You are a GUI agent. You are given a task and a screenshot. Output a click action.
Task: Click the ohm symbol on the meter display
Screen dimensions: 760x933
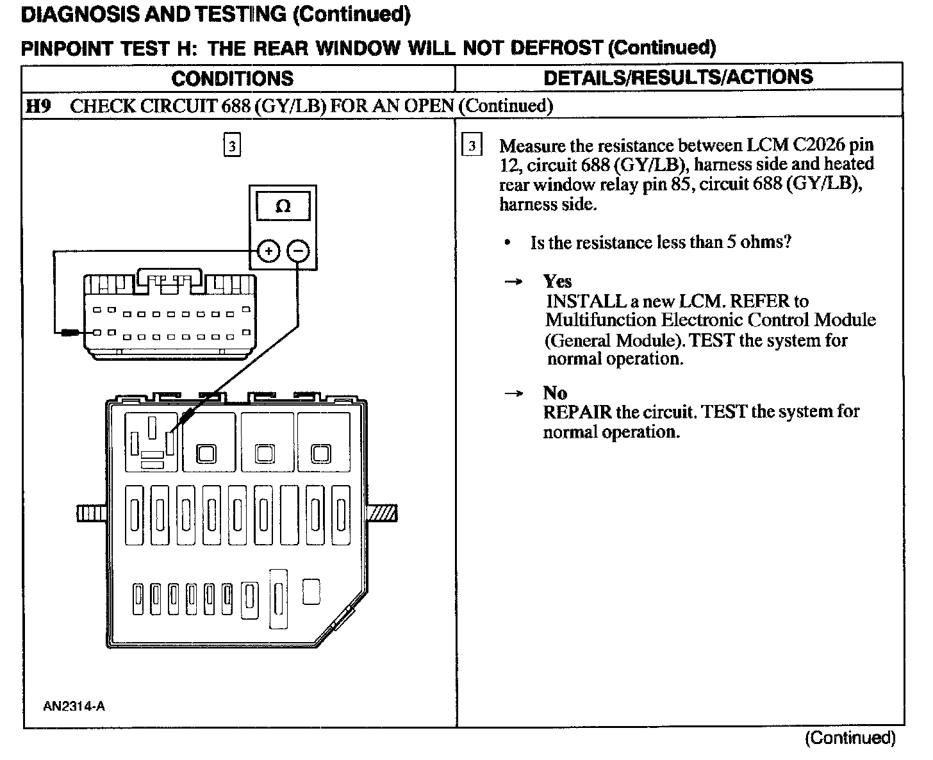(283, 206)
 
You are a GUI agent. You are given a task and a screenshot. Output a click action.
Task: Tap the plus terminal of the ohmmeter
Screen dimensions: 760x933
(268, 251)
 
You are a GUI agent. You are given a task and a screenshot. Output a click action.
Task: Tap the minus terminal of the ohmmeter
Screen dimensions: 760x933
(297, 251)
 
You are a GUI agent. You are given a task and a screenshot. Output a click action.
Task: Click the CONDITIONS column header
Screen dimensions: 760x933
(233, 78)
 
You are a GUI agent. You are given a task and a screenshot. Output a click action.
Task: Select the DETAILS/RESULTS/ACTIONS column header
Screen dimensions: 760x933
(678, 77)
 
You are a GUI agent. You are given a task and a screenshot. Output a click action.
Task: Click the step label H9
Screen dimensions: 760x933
(37, 106)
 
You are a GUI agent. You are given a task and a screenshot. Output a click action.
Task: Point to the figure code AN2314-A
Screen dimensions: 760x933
(74, 706)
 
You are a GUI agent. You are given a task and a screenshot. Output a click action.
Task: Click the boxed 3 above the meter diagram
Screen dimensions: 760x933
(232, 146)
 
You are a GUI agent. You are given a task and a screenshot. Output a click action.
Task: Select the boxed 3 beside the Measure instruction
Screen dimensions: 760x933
(472, 146)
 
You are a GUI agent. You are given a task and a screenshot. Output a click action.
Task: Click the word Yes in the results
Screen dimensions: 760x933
(557, 281)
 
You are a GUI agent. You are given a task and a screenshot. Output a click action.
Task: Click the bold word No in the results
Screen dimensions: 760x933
(554, 392)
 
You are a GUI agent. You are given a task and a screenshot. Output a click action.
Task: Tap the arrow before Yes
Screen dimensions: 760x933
(513, 282)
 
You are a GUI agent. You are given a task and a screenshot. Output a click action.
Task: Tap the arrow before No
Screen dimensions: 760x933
(513, 393)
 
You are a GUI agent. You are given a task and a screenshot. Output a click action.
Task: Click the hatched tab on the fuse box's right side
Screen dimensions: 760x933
(383, 513)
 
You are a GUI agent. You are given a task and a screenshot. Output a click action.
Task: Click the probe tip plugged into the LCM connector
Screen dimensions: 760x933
(70, 333)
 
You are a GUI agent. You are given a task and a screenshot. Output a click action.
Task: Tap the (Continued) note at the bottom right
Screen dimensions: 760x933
(850, 738)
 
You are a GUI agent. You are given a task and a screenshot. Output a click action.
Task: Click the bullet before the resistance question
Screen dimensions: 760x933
(508, 243)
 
